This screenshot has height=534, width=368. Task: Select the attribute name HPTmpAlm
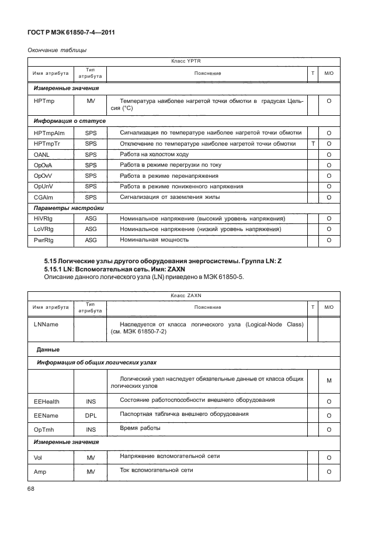[x=48, y=133]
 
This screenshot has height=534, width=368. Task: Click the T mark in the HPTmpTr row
[x=314, y=143]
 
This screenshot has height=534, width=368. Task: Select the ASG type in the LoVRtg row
[x=91, y=229]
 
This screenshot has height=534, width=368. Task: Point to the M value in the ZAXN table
[x=329, y=381]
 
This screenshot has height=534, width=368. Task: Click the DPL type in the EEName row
[x=91, y=415]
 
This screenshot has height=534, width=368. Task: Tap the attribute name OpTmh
[x=44, y=429]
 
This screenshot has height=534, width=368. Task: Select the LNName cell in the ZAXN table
[x=46, y=324]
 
